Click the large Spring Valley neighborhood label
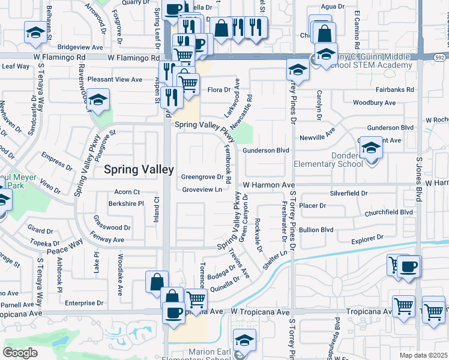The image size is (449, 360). click(x=139, y=170)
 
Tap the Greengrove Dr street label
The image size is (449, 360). click(x=202, y=177)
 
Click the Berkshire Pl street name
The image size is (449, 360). click(x=126, y=204)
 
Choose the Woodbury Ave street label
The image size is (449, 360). click(x=375, y=103)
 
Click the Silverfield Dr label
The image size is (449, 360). click(x=348, y=193)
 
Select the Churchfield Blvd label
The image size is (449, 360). click(x=389, y=212)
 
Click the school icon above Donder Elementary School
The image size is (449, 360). click(x=371, y=148)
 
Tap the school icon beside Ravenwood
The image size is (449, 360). click(x=98, y=99)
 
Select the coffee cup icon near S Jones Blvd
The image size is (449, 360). click(x=409, y=266)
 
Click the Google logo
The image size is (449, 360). click(x=20, y=353)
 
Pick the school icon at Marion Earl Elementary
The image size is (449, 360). click(x=244, y=340)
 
